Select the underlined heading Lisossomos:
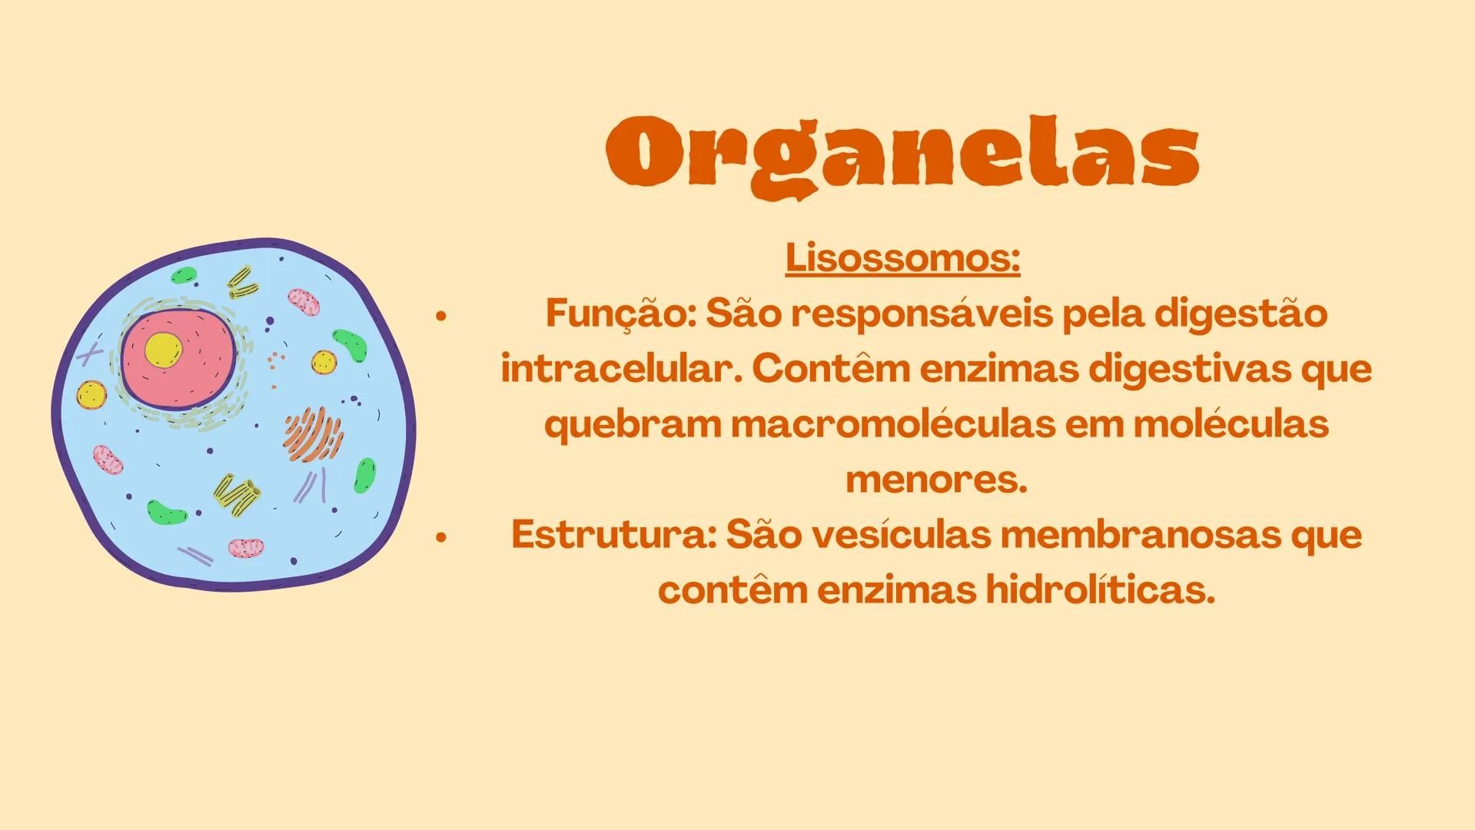902,259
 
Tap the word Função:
620,314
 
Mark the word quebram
632,425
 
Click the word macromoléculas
892,425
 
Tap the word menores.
936,480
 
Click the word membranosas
1140,535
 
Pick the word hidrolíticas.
1100,590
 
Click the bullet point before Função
440,315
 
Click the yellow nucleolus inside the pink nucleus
163,350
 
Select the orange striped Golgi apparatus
314,435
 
